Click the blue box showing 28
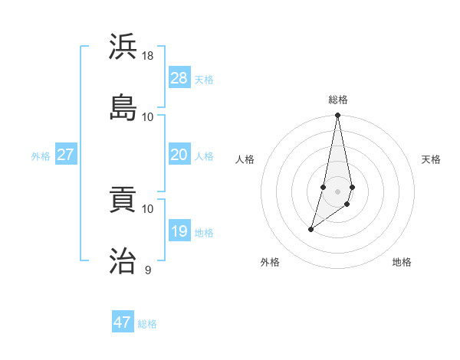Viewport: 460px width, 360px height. point(179,78)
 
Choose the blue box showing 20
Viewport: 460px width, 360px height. point(179,155)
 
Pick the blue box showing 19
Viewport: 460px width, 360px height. point(179,231)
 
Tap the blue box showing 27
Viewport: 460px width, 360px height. point(65,155)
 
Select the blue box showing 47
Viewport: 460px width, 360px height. point(122,322)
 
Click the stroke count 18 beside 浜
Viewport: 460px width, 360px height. point(149,56)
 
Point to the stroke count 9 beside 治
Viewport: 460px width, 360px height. point(148,270)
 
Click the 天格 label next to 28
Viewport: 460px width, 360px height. point(204,80)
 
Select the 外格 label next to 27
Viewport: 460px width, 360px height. point(41,156)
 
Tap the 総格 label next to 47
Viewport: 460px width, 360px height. point(147,324)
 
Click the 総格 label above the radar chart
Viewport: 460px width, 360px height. point(338,100)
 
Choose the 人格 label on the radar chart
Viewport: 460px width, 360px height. point(245,159)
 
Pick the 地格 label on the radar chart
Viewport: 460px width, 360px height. point(402,262)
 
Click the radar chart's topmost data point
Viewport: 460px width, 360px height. point(338,116)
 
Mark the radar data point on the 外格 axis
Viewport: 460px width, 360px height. point(311,229)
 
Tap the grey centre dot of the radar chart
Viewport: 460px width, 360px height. point(338,191)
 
